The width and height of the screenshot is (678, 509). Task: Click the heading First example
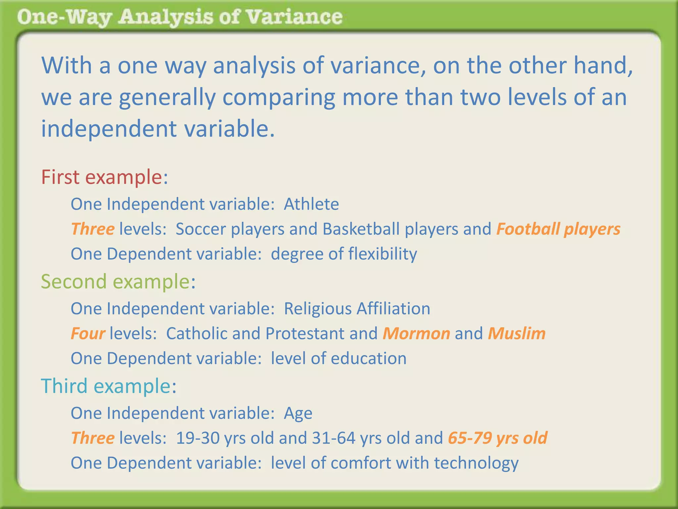[x=104, y=177]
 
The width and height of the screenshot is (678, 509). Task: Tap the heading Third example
[x=109, y=386]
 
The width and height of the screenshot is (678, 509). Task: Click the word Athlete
[x=311, y=204]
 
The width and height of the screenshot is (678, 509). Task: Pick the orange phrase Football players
[x=558, y=229]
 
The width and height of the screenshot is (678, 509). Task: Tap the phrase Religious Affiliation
[x=357, y=309]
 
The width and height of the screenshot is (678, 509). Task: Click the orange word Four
[x=88, y=333]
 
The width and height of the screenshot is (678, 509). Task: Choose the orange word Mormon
[x=416, y=333]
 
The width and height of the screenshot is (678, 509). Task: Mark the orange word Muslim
[x=516, y=333]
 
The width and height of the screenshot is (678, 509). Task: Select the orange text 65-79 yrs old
[x=498, y=438]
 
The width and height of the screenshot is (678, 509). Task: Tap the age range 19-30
[x=198, y=438]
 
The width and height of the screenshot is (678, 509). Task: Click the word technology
[x=476, y=463]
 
